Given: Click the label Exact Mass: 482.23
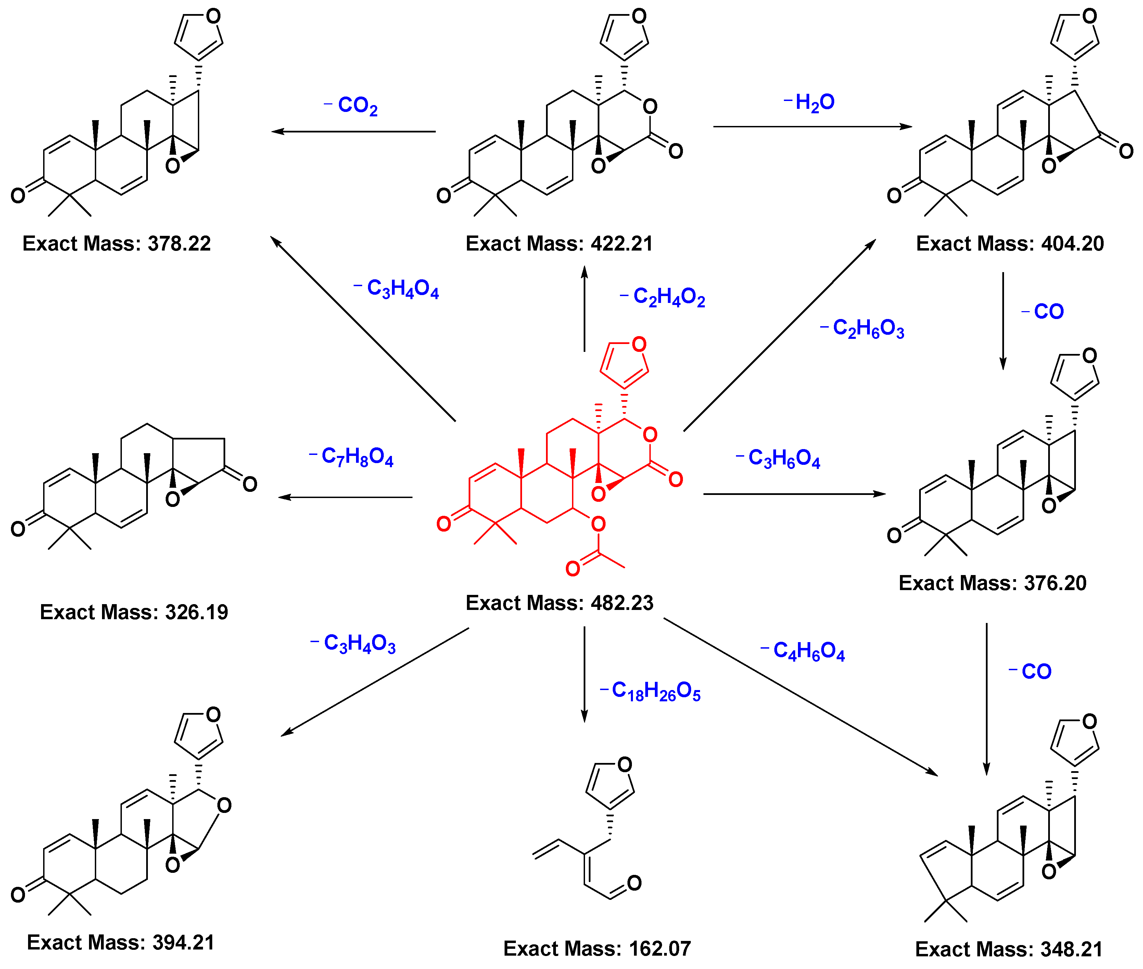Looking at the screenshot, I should (x=559, y=603).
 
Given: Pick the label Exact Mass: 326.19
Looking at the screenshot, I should (x=134, y=612).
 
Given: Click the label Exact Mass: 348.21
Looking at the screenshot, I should (x=1008, y=949).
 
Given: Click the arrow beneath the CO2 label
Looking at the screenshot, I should (x=354, y=131).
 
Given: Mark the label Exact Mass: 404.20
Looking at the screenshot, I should (x=1009, y=243).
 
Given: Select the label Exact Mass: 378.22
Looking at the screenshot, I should (x=116, y=243).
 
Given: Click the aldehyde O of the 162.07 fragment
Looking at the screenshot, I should (x=634, y=883).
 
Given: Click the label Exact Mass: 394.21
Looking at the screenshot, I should (x=120, y=942).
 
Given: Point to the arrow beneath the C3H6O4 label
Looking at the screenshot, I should (x=794, y=494).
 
